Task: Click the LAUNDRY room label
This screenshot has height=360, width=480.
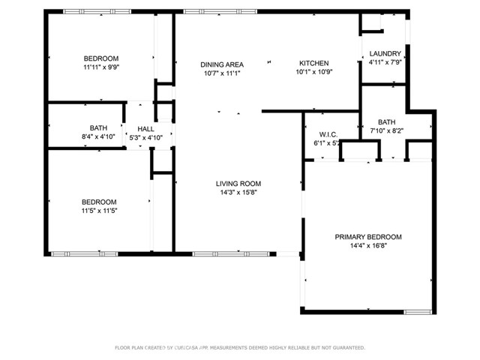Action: pos(385,53)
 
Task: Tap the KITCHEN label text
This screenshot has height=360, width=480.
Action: pos(314,63)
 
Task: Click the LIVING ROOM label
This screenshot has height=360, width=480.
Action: pos(238,183)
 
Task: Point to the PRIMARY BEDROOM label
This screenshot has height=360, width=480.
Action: pos(367,237)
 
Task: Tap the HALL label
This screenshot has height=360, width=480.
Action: pos(145,129)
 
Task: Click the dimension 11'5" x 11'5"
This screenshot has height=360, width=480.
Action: pos(100,211)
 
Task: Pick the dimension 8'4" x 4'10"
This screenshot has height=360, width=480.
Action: pos(99,137)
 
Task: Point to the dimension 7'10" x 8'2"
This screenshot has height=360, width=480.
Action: pos(387,130)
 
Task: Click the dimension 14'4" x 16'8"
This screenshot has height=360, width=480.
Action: pos(367,246)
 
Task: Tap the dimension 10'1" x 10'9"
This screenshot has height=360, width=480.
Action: pos(314,73)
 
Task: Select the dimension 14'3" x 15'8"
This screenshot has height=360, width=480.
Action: pos(238,192)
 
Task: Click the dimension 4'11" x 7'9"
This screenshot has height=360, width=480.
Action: pos(385,62)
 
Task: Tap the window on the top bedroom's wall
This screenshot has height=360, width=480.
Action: pos(85,11)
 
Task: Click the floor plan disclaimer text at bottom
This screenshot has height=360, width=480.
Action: pos(239,347)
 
